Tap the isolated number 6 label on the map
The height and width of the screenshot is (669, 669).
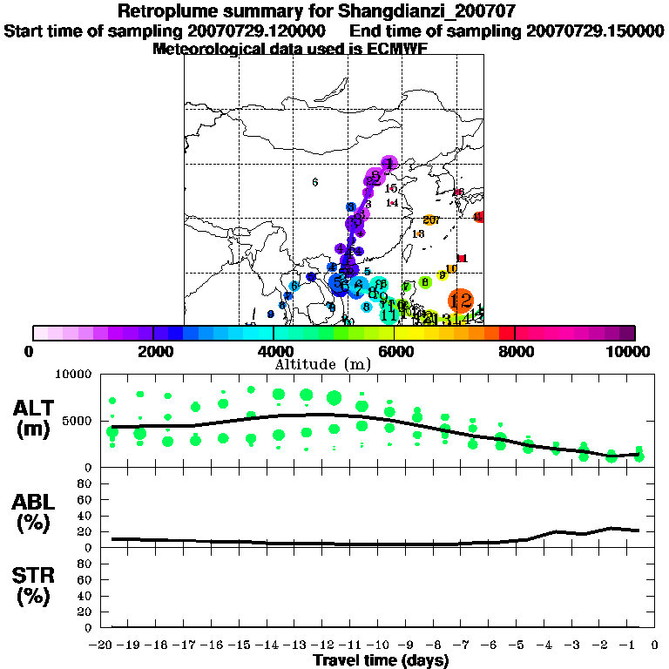[x=314, y=181]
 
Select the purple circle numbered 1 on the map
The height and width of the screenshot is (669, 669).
[x=389, y=163]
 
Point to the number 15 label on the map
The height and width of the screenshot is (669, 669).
[x=391, y=188]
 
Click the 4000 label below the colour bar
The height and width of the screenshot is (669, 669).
[x=274, y=351]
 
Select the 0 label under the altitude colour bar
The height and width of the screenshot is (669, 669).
[x=31, y=351]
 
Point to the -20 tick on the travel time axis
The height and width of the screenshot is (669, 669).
[x=103, y=645]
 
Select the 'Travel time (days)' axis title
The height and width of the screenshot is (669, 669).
[x=381, y=660]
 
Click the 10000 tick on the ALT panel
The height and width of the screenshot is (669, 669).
[x=73, y=375]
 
